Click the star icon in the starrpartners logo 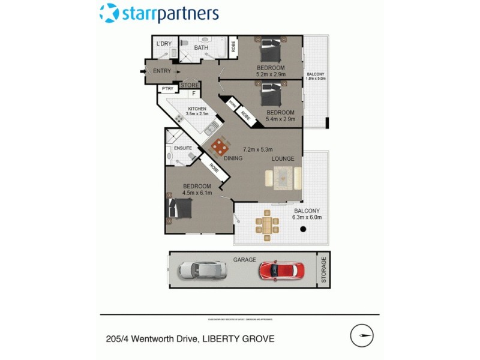109,13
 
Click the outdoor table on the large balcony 267,226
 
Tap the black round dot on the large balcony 304,229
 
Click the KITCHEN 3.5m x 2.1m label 197,111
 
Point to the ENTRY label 162,71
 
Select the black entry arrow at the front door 142,71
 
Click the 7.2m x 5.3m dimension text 258,149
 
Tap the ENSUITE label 182,148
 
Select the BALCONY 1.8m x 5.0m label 315,75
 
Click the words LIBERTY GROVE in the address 242,338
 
